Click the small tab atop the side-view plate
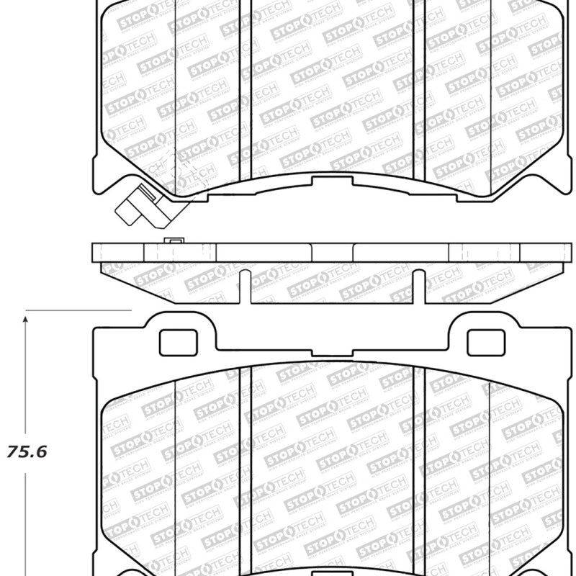click(172, 240)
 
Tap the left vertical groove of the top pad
click(248, 86)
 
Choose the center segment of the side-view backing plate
click(333, 252)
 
